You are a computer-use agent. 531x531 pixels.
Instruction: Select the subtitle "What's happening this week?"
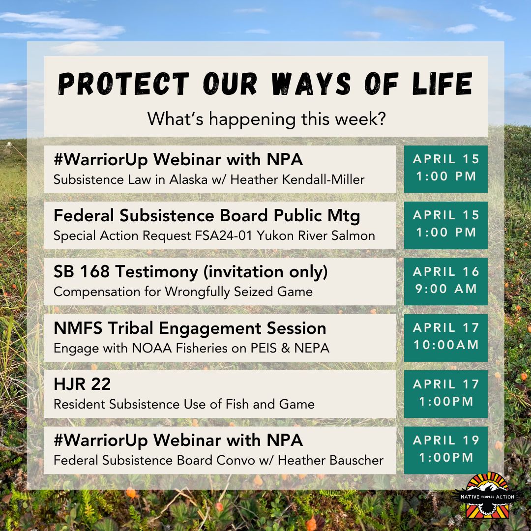(266, 119)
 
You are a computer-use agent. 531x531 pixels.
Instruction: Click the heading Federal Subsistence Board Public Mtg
(207, 215)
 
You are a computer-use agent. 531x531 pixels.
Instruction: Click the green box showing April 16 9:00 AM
(445, 280)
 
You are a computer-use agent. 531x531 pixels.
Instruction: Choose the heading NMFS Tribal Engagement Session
(190, 328)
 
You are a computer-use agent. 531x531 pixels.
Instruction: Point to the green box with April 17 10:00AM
(445, 337)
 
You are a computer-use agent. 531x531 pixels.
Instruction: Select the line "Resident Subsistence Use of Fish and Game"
(184, 404)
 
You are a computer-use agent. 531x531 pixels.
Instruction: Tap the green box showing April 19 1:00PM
(445, 449)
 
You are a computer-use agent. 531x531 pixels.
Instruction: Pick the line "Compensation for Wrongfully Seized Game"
(183, 292)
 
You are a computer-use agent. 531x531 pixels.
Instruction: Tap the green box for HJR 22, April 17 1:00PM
(445, 393)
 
